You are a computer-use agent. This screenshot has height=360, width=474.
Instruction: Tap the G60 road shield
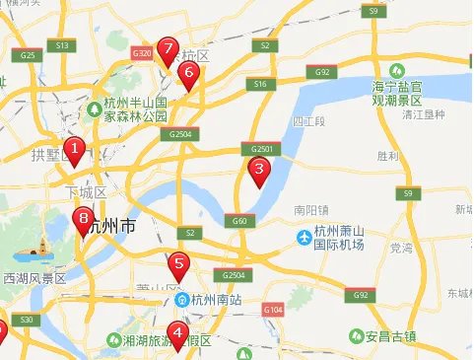click(238, 221)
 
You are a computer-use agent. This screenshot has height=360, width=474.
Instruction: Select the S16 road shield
click(260, 85)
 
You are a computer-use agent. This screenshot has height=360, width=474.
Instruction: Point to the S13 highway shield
click(61, 45)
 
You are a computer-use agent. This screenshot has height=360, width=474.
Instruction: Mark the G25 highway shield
click(28, 55)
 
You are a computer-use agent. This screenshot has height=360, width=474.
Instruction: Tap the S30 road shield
click(27, 320)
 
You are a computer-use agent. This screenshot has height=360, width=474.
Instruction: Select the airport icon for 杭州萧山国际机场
click(305, 237)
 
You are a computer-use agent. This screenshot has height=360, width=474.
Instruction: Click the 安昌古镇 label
click(413, 335)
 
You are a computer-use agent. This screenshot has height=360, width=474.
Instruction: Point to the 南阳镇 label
click(312, 210)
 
